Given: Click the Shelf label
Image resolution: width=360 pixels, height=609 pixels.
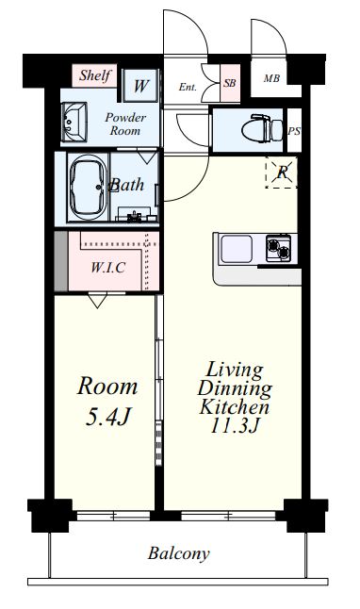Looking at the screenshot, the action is coord(95,75).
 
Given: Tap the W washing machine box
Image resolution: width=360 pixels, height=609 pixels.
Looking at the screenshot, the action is coord(140,86).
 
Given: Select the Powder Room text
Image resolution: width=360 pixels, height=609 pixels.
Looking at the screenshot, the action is coord(125,123).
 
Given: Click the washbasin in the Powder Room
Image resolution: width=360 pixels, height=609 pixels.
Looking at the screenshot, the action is coord(74,122).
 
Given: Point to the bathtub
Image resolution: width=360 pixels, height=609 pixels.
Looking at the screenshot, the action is coord(89,188).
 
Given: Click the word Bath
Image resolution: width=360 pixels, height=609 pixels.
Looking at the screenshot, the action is coord(127,185).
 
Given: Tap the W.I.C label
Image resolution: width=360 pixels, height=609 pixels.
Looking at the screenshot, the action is coord(108,267).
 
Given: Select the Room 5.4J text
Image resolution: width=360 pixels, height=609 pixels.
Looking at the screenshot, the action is coord(107,402).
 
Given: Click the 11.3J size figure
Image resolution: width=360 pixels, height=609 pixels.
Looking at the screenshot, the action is coord(234,426).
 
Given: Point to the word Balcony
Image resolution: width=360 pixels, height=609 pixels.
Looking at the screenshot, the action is coord(179,553).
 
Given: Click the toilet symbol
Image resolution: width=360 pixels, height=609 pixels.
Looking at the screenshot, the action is coord(262,128).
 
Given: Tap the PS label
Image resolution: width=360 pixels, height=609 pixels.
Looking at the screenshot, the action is coord(294,131).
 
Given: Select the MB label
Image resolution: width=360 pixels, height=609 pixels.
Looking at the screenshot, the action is coord(271,78).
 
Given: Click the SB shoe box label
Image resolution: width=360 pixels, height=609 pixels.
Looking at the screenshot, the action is coord(230,83).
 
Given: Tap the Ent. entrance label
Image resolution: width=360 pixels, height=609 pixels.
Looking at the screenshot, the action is coord(188,87).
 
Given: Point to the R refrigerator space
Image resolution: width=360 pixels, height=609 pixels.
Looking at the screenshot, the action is coord(282,173).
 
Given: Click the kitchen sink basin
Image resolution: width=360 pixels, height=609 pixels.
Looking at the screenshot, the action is coord(237,249).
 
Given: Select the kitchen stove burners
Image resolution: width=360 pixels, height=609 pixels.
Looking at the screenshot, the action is coord(278,248).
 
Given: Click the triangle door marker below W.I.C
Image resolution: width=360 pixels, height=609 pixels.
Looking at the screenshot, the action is coord(97,300).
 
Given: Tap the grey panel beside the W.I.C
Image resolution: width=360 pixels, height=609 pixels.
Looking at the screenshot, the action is coord(61,261).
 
